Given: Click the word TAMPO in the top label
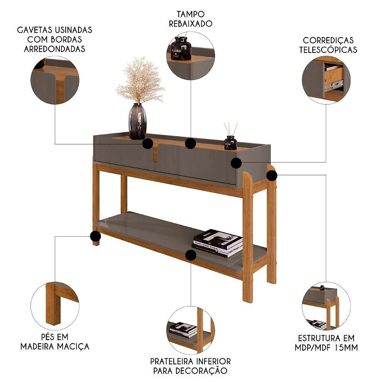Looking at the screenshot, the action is [x=191, y=14].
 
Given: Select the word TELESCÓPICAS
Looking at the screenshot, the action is [x=328, y=50].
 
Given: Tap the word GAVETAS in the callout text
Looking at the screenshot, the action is [x=35, y=30].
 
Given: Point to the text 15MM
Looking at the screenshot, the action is [x=346, y=348].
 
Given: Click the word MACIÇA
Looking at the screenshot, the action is [x=73, y=347].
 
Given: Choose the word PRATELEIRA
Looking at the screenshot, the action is [x=172, y=361].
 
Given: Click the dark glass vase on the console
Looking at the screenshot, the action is [x=138, y=121].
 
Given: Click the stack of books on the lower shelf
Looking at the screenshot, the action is [x=217, y=243].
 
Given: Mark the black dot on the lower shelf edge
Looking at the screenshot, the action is [x=191, y=255].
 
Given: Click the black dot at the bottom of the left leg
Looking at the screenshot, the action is [x=95, y=236].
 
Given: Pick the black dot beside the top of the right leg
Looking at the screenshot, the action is [x=272, y=176].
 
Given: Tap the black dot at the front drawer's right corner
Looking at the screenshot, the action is [x=236, y=163].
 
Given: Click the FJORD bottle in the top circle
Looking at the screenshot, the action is [x=181, y=48].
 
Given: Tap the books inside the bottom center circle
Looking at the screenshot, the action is [x=183, y=329].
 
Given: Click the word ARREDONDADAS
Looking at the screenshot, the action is [x=54, y=49].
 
